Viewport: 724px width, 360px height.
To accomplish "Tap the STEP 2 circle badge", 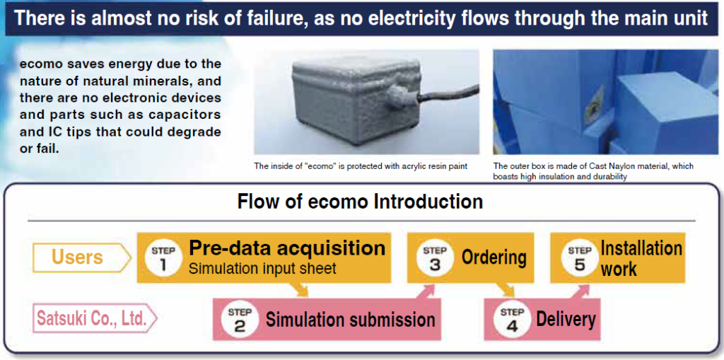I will (x=240, y=319).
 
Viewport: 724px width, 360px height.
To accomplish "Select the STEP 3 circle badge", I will (x=434, y=258).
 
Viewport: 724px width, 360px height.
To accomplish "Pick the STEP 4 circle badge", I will (x=511, y=319).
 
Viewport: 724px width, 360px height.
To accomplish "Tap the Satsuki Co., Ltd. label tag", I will (x=92, y=318).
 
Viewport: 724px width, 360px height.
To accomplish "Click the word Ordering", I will (x=494, y=257).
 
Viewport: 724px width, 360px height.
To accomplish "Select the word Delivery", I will (x=566, y=319).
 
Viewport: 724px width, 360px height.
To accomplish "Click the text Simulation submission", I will (x=350, y=320).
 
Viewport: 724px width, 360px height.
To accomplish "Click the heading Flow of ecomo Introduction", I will (x=360, y=202).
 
